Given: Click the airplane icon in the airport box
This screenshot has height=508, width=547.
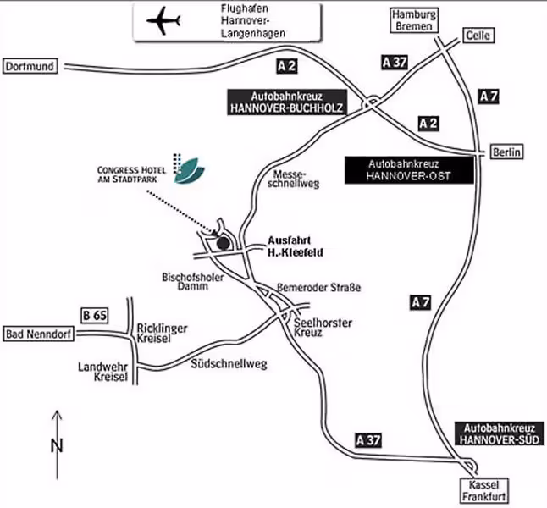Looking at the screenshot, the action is point(163,21).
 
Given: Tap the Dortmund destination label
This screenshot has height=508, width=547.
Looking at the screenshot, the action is point(30,66).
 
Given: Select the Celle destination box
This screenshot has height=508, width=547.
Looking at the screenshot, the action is point(478,36).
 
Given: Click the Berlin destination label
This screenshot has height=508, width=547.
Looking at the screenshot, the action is point(507,152).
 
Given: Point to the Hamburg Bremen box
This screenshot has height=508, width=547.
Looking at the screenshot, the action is point(414,20).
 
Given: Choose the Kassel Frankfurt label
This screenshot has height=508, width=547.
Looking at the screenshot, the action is point(483,490).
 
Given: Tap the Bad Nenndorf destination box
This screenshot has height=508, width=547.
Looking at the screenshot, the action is point(38,334).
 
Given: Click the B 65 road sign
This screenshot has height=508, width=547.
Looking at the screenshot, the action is point(95,316).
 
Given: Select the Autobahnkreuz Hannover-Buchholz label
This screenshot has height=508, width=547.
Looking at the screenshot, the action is point(287,102).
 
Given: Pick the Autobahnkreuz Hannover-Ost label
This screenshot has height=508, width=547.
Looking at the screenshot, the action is point(409,170).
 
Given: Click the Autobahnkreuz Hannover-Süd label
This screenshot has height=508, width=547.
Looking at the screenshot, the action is point(500,433).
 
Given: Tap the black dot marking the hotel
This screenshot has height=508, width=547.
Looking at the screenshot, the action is point(224,243).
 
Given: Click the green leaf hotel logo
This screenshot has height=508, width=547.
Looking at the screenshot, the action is point(189,170).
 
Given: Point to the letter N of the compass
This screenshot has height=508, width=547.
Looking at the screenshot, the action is point(57,446).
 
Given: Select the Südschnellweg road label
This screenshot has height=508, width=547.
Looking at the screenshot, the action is point(229,364).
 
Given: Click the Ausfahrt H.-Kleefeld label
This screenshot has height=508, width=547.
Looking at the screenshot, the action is point(296,246).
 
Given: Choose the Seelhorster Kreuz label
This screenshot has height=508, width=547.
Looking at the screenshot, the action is point(323,328).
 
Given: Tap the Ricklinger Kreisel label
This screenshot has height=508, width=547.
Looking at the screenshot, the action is point(162,334).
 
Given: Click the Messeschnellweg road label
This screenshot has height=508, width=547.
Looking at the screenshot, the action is point(293,179).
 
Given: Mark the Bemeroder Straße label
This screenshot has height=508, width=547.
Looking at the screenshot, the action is point(319,288).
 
